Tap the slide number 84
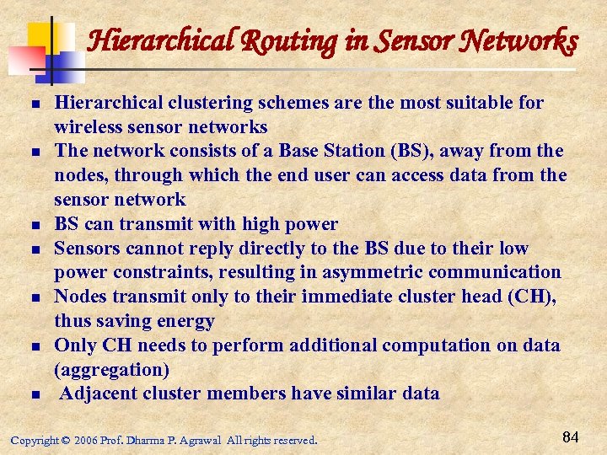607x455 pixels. [570, 436]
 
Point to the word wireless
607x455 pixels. [89, 127]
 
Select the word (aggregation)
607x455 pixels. [111, 369]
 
